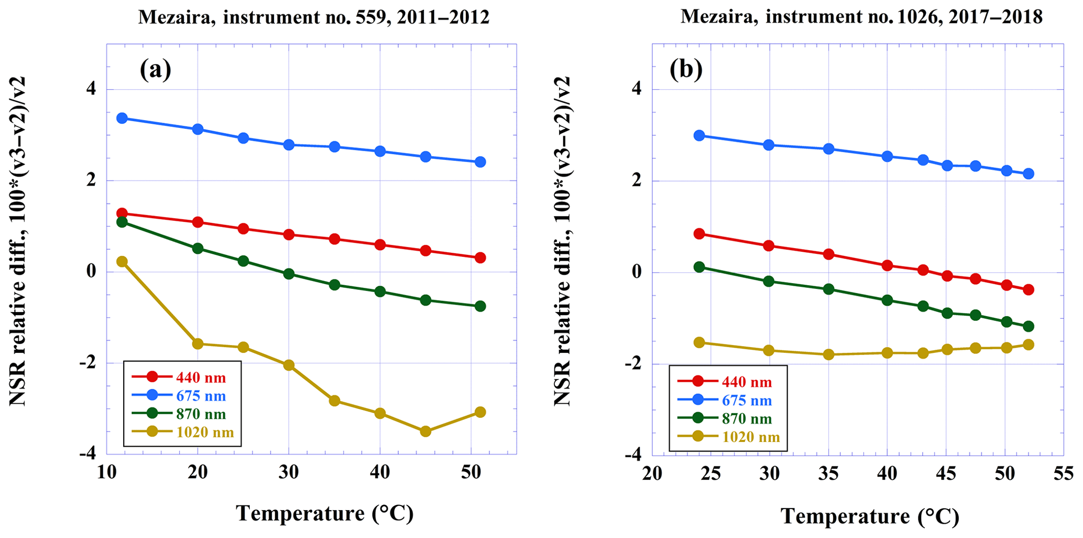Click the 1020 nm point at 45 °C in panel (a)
425,432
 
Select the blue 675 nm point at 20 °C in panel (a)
198,129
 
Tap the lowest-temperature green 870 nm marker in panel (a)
122,222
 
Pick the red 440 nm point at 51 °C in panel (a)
480,257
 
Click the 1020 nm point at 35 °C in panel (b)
828,354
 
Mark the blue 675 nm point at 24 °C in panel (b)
699,135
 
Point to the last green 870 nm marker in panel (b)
1028,326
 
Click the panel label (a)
155,69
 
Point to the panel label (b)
686,69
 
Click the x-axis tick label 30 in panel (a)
289,473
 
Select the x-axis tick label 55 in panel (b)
1064,474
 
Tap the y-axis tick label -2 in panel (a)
87,363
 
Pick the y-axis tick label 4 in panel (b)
636,89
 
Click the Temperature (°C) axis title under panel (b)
870,517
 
